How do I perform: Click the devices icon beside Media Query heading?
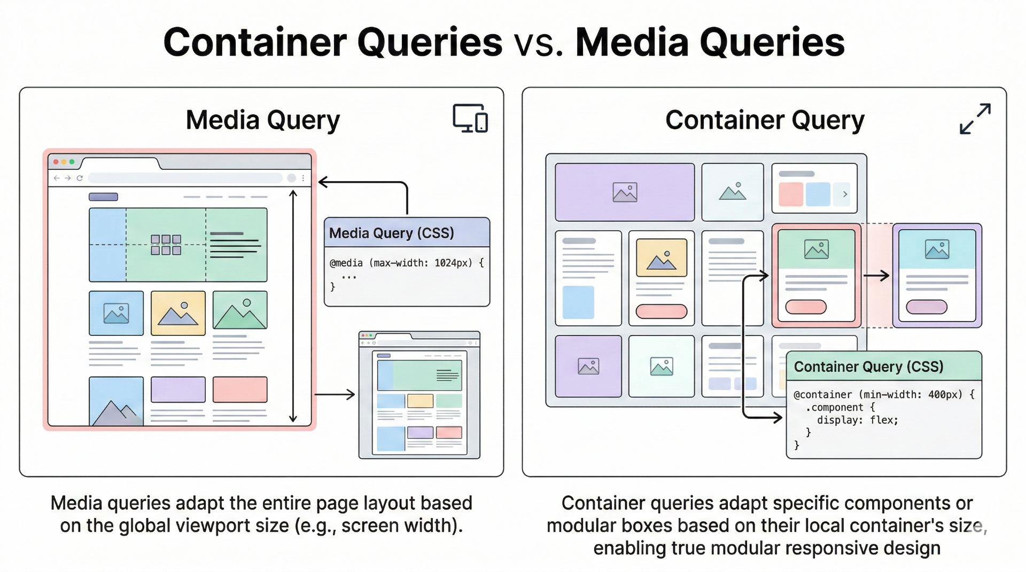(470, 118)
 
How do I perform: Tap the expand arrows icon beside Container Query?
(975, 119)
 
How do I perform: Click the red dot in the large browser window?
(56, 162)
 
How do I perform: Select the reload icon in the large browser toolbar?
(80, 178)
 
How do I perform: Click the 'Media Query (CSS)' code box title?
(391, 233)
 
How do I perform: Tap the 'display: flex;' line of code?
(857, 420)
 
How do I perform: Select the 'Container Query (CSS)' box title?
(868, 367)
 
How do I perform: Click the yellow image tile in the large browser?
(178, 313)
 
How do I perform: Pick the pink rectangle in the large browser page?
(240, 389)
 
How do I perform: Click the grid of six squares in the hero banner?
(166, 245)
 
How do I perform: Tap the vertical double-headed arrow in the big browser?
(293, 306)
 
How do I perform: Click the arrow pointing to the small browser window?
(335, 395)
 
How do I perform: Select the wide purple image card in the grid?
(625, 192)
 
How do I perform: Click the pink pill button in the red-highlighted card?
(806, 307)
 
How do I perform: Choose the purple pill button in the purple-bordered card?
(927, 307)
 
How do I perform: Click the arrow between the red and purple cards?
(876, 276)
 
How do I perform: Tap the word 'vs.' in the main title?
(539, 43)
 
